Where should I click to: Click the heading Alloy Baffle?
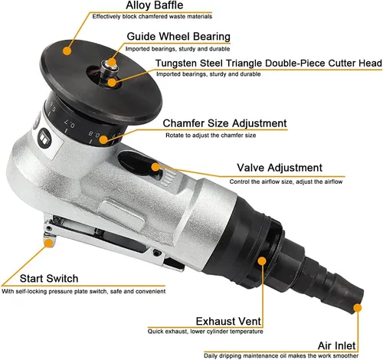click(155, 5)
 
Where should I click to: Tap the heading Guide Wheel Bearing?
click(178, 37)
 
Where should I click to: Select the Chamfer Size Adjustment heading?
click(224, 123)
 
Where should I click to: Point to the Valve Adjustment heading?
click(280, 168)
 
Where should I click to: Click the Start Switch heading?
click(49, 278)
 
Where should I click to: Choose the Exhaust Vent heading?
click(228, 321)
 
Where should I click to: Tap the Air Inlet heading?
click(337, 345)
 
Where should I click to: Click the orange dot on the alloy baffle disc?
click(67, 51)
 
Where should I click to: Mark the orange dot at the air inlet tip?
click(358, 308)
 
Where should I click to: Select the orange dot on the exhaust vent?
click(262, 260)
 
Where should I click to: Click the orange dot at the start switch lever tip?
click(48, 243)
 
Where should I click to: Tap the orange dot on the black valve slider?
click(155, 167)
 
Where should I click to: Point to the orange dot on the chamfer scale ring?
click(103, 139)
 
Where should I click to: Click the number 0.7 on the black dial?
click(69, 123)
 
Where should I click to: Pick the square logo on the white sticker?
click(45, 139)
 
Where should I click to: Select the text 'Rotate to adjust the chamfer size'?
click(211, 136)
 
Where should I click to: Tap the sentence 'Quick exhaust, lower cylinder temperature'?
click(205, 332)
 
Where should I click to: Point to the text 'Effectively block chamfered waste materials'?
click(152, 17)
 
